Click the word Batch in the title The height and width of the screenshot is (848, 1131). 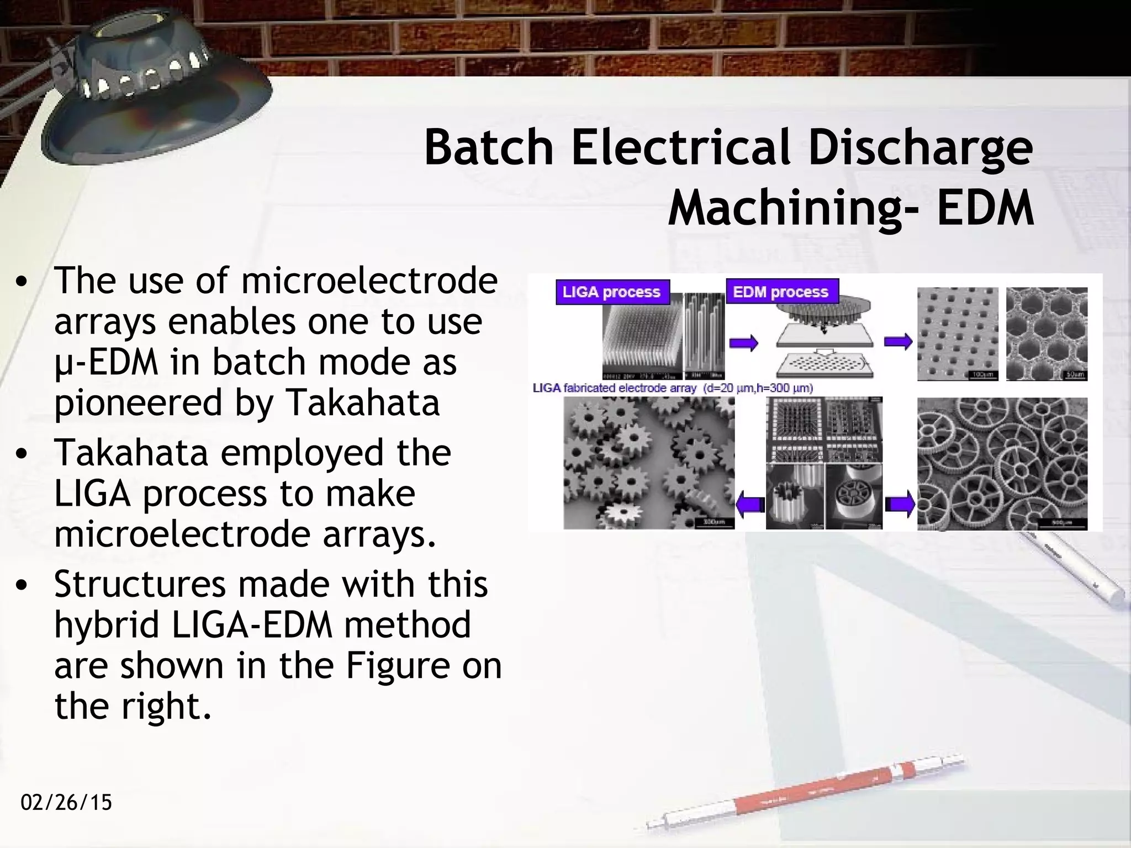[489, 147]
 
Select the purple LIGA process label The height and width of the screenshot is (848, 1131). [612, 291]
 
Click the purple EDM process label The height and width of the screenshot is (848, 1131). [780, 291]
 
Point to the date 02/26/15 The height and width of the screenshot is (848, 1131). [66, 802]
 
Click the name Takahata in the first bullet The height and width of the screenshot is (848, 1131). [362, 402]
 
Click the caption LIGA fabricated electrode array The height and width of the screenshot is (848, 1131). [614, 388]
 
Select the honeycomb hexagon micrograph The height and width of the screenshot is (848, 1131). [1046, 334]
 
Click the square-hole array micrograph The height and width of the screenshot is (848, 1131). [958, 334]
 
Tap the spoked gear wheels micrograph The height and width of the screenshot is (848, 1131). [1002, 464]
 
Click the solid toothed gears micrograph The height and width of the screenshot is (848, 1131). [648, 464]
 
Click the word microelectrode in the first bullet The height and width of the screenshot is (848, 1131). [369, 280]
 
